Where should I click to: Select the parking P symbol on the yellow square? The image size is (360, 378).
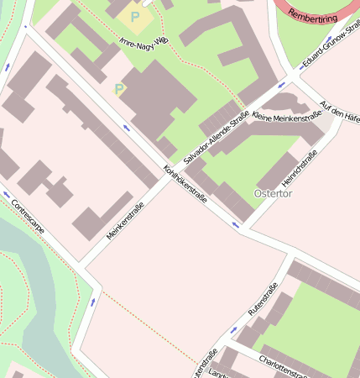134,16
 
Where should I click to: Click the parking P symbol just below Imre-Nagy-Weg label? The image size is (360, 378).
119,88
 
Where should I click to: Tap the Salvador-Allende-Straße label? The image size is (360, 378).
216,132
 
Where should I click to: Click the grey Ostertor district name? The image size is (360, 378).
273,194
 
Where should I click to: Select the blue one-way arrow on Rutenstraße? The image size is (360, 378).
234,330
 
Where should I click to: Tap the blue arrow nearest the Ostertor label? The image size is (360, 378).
236,224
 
